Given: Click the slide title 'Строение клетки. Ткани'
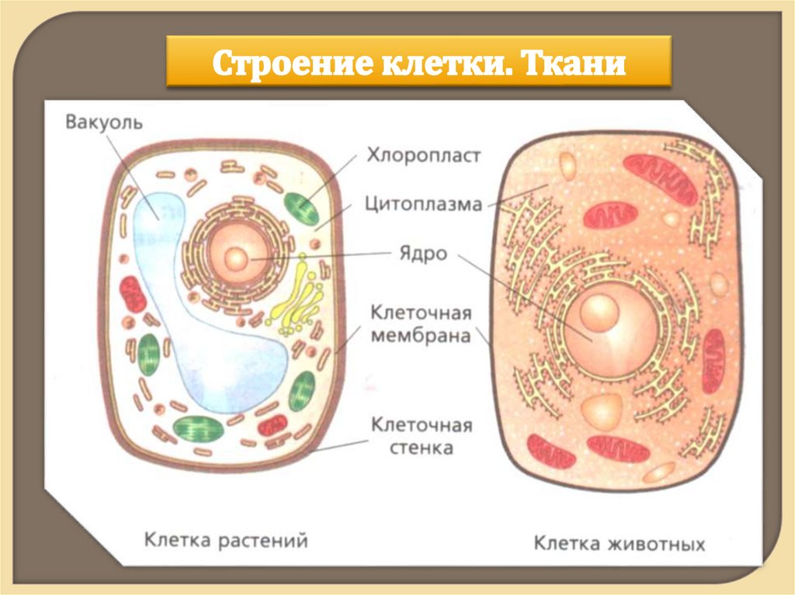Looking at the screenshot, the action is [x=418, y=61].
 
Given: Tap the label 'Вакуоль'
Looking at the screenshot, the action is [x=104, y=123].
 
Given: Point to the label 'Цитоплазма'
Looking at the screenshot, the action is [x=423, y=204].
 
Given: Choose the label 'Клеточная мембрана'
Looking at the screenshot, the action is [x=421, y=324].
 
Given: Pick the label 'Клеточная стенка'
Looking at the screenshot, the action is [x=421, y=436].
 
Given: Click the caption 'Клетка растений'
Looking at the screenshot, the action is [x=226, y=540].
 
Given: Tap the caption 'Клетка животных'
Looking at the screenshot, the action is [x=619, y=543].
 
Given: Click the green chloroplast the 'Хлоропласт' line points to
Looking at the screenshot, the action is [x=300, y=208].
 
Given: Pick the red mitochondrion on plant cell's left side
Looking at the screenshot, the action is [x=132, y=294].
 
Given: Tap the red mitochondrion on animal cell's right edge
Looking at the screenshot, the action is [x=712, y=360].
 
